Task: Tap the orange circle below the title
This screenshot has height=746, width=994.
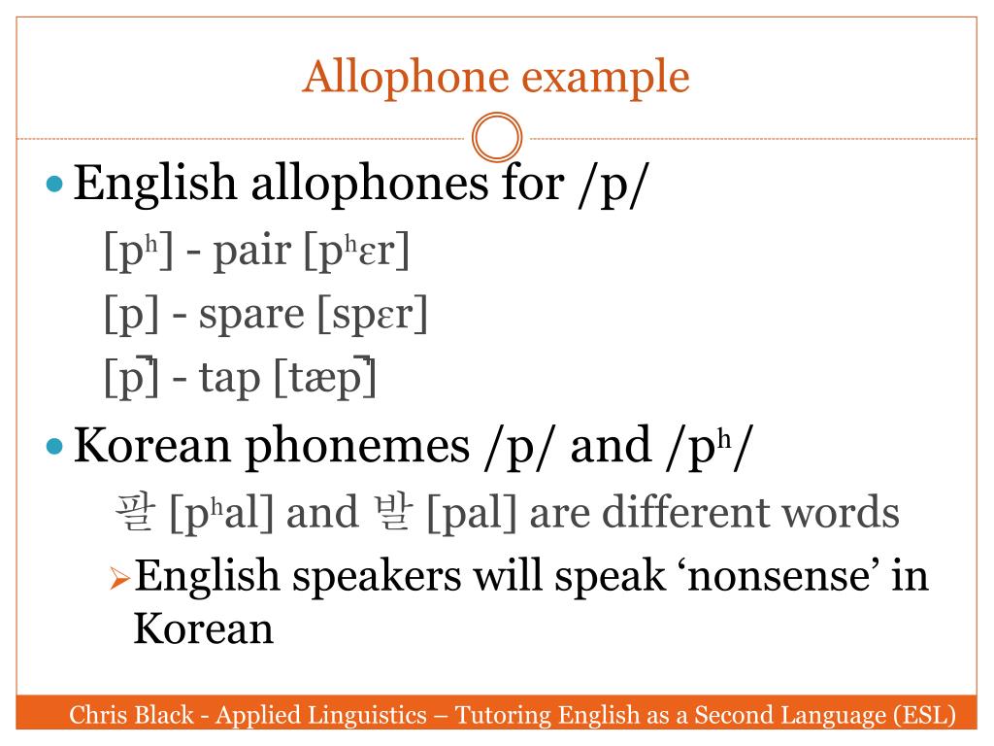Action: click(x=497, y=138)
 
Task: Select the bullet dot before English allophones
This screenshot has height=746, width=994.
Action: click(x=55, y=184)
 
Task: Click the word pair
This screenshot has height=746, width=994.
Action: click(x=252, y=252)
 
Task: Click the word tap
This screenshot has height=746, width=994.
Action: click(x=230, y=378)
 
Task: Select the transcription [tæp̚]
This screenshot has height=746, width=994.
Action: click(x=324, y=378)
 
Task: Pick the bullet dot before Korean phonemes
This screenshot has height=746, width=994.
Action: click(x=55, y=447)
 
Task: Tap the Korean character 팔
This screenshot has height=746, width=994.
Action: click(x=134, y=513)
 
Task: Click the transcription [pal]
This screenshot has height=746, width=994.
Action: click(x=473, y=513)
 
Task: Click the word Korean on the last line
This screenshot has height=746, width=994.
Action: click(x=203, y=628)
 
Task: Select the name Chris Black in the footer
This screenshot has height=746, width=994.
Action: click(x=132, y=717)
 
